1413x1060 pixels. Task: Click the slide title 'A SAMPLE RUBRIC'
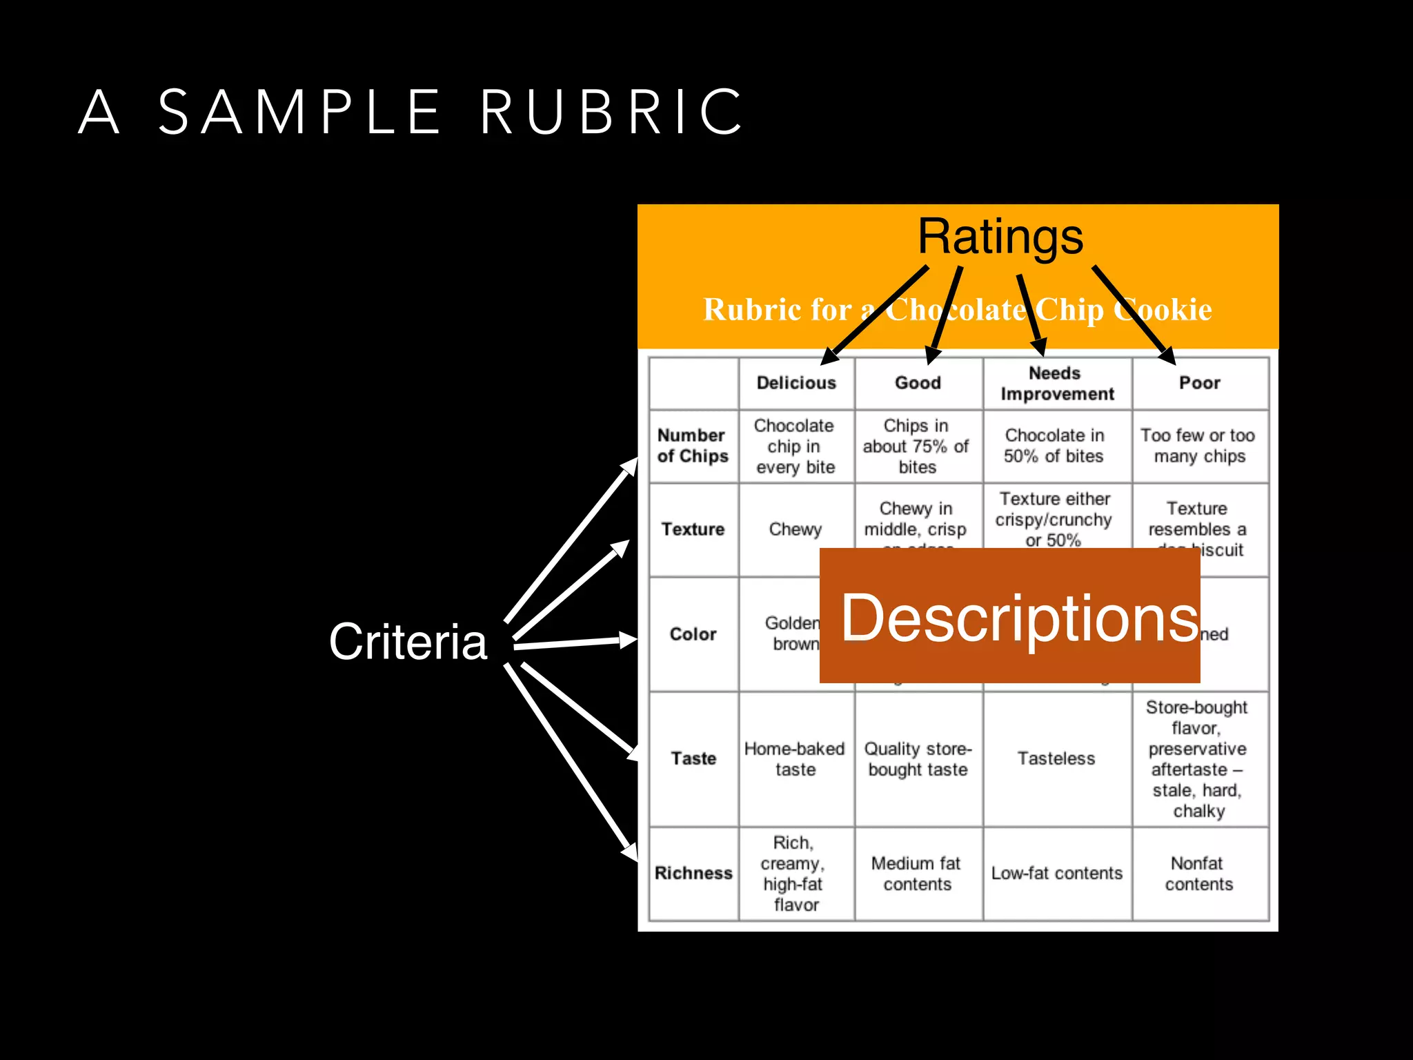(x=411, y=112)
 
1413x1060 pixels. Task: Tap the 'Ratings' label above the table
(x=1000, y=237)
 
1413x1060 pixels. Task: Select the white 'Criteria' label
(x=408, y=641)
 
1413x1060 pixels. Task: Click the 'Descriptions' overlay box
(x=1010, y=616)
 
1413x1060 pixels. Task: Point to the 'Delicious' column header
(x=796, y=383)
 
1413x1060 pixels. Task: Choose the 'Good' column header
(x=918, y=383)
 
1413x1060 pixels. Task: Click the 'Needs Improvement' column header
(x=1057, y=384)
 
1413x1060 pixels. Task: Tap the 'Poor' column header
(x=1200, y=383)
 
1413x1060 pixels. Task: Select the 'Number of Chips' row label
(x=693, y=446)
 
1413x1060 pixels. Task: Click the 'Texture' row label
(x=693, y=529)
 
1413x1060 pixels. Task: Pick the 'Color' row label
(x=693, y=634)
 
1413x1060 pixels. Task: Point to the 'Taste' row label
(x=693, y=758)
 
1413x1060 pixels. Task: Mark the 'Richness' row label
(x=693, y=873)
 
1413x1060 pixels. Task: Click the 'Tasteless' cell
(x=1056, y=758)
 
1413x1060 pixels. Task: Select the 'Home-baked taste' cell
(x=795, y=759)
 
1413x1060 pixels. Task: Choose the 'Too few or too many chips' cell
(x=1198, y=446)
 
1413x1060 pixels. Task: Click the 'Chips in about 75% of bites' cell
(x=917, y=446)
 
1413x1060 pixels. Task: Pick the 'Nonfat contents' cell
(x=1198, y=874)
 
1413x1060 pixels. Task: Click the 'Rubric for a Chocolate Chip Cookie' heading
(x=957, y=310)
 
